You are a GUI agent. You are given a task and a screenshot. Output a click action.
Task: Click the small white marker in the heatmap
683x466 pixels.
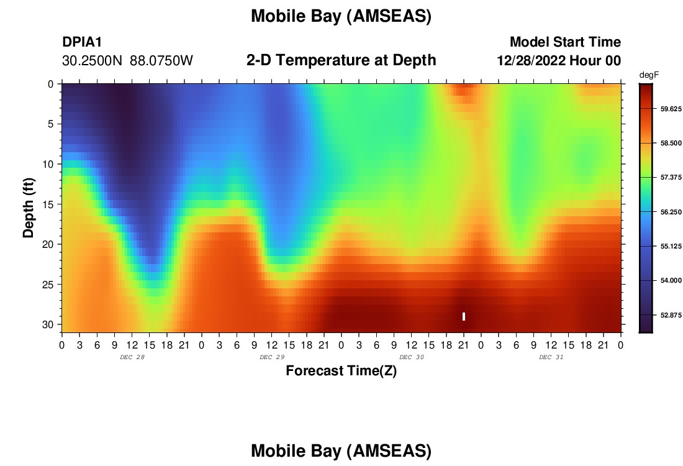[463, 316]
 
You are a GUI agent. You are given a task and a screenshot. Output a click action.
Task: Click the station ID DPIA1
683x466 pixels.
[82, 42]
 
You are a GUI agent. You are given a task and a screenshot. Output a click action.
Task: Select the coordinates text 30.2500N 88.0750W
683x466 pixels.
[127, 61]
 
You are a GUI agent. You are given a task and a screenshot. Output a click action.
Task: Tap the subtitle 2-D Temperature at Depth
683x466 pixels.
[341, 60]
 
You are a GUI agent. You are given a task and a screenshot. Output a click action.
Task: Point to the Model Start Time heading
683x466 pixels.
[566, 42]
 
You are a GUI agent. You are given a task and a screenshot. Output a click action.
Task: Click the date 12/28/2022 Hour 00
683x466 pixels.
[559, 61]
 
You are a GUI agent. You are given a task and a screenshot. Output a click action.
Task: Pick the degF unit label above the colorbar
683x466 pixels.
[649, 75]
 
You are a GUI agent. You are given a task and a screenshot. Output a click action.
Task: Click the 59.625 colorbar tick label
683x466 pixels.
[671, 109]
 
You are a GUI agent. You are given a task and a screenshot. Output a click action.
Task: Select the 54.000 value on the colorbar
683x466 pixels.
[671, 281]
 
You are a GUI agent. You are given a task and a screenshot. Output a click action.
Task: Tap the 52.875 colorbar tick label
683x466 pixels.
[671, 315]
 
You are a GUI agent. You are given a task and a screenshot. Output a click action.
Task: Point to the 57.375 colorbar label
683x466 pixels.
[671, 178]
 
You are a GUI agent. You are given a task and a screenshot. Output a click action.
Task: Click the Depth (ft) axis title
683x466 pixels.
[29, 208]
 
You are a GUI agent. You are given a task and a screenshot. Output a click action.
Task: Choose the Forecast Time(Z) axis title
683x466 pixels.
[341, 371]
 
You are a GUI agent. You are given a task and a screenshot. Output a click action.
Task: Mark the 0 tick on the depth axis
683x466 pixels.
[50, 84]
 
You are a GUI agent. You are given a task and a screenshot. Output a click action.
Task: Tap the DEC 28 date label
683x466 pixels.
[132, 357]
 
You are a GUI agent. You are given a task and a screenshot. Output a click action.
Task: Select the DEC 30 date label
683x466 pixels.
[412, 357]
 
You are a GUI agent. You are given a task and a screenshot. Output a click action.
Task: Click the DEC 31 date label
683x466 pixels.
[551, 357]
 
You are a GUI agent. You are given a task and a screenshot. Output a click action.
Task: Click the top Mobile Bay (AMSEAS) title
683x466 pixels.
[341, 17]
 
